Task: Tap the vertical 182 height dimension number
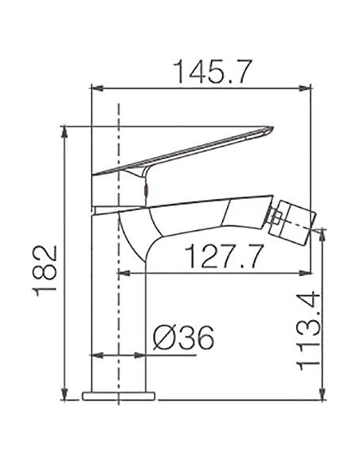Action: click(x=49, y=270)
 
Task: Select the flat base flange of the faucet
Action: click(x=120, y=395)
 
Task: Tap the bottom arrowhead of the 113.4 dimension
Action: click(x=323, y=393)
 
